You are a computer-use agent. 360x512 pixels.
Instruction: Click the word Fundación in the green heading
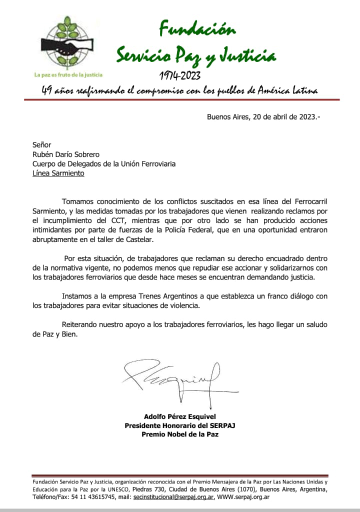click(x=196, y=29)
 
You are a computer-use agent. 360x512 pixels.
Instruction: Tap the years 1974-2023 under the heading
click(x=180, y=75)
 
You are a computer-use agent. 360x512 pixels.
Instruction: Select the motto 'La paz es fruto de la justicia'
click(x=68, y=74)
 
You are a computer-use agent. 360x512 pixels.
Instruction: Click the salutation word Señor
click(x=42, y=145)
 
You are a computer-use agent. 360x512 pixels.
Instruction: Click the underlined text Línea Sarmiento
click(x=58, y=173)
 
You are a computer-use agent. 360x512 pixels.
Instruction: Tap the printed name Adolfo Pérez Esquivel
click(x=179, y=416)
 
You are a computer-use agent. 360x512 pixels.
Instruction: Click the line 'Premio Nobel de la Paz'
click(x=179, y=434)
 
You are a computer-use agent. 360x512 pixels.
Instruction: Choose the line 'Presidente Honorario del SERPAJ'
click(x=179, y=425)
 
